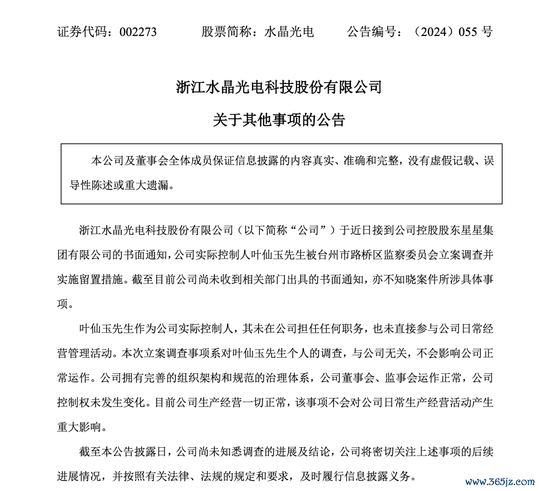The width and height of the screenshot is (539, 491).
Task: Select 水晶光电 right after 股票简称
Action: point(289,32)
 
